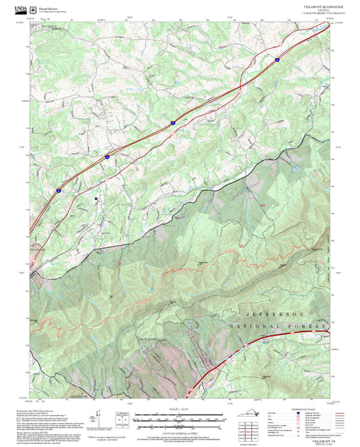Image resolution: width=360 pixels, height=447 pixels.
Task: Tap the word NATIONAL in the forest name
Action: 270,327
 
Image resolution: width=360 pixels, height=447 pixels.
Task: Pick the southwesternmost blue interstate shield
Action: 58,191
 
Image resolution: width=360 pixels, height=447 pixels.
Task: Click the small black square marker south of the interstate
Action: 97,199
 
